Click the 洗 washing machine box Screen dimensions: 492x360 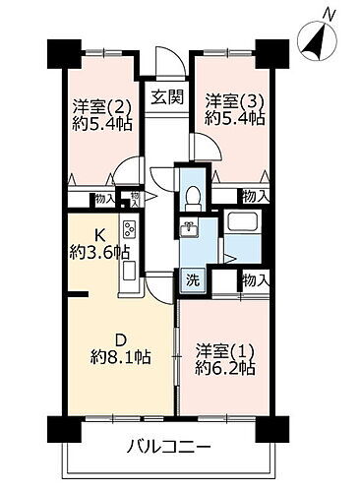[194, 277]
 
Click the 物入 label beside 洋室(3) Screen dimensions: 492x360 [253, 197]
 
